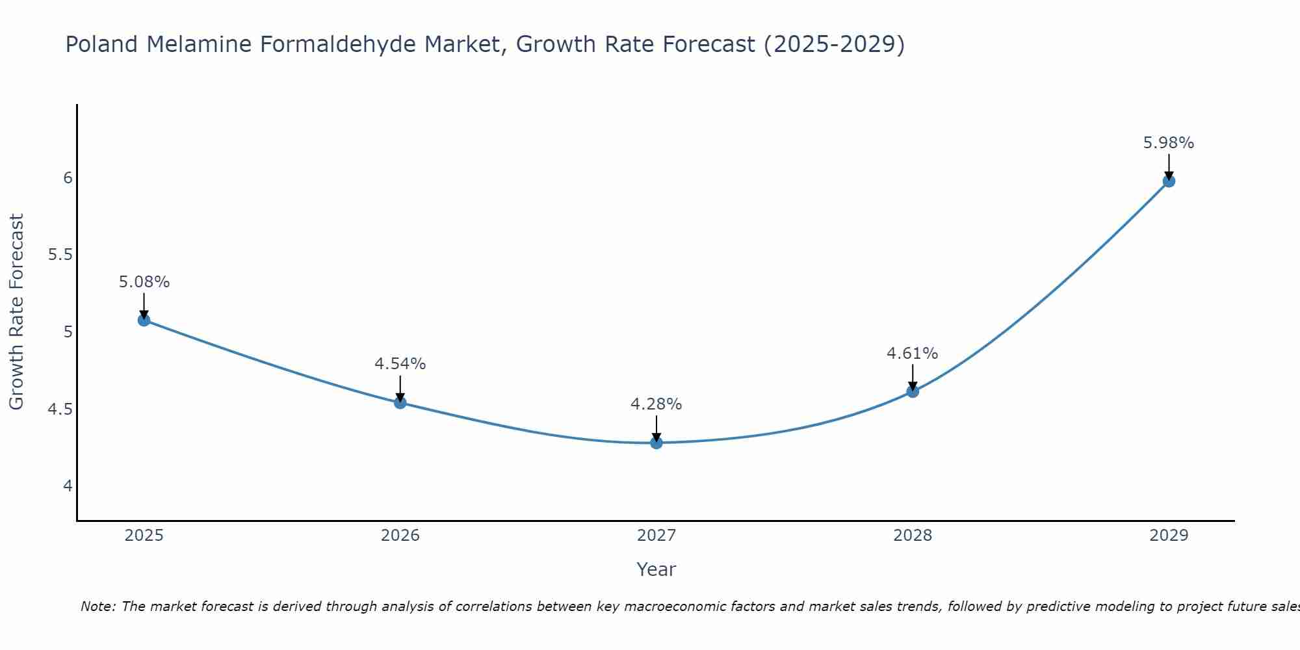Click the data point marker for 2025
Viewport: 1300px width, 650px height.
point(144,320)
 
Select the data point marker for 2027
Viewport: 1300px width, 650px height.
point(656,443)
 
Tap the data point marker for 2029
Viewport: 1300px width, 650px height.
point(1169,181)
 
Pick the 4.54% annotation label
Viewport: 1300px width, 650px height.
point(400,364)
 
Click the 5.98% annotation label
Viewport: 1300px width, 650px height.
point(1169,143)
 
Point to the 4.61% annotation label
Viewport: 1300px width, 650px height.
point(912,354)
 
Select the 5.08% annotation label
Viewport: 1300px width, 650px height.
point(144,282)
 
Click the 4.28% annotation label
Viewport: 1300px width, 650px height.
point(656,404)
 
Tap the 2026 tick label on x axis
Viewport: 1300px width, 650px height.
point(400,536)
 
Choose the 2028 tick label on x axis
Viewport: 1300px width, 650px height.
point(912,536)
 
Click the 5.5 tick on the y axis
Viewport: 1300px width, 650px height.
point(60,255)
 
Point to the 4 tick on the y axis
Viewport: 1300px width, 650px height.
point(68,486)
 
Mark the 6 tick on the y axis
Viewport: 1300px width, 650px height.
point(68,178)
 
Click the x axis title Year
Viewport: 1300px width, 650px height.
point(656,569)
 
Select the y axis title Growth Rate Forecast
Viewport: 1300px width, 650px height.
point(16,312)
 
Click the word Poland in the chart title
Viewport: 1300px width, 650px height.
point(101,45)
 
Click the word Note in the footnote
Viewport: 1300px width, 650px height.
point(96,606)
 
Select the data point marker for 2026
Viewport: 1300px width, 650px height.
point(400,402)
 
